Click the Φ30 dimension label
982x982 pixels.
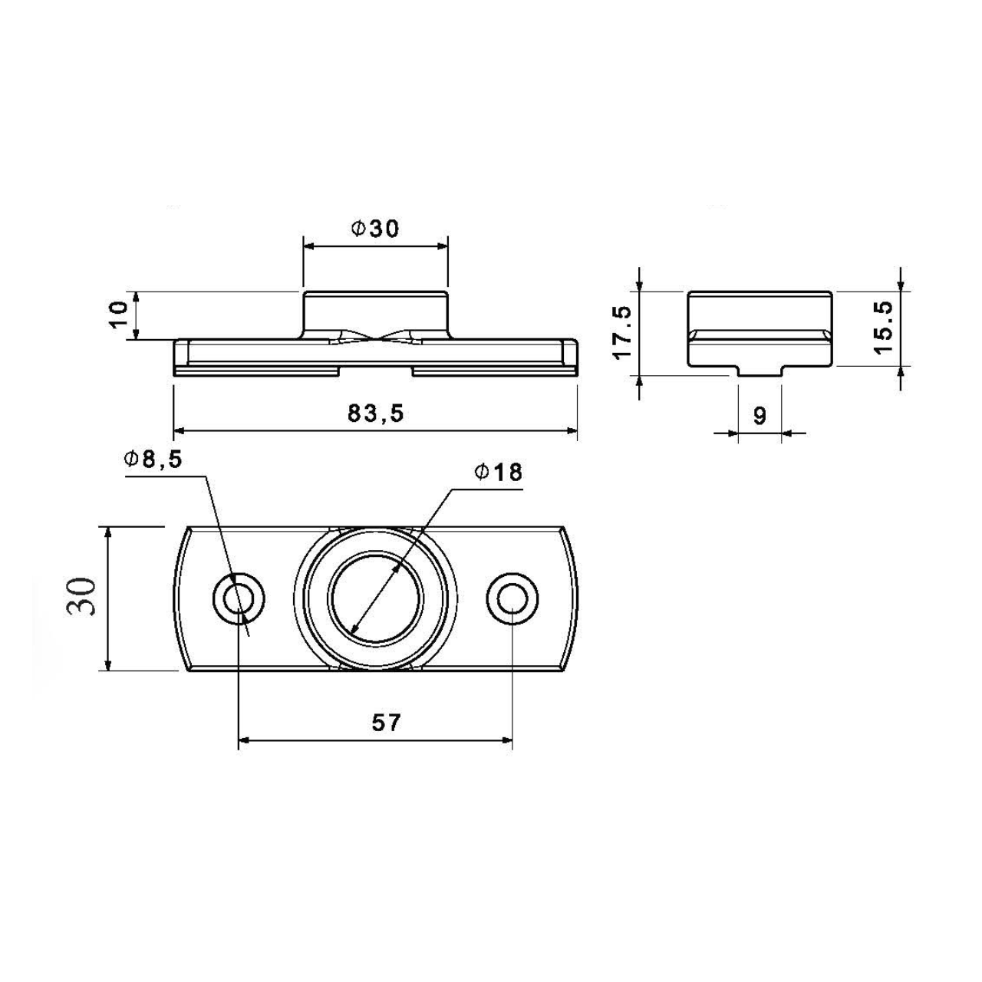(x=375, y=229)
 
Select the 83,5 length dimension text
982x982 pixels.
(x=376, y=414)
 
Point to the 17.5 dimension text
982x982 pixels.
(x=623, y=332)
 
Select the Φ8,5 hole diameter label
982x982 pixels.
(x=153, y=460)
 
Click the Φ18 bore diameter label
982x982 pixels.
(x=499, y=473)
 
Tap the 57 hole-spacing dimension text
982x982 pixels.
(x=386, y=722)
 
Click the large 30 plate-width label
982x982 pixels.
(x=81, y=597)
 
